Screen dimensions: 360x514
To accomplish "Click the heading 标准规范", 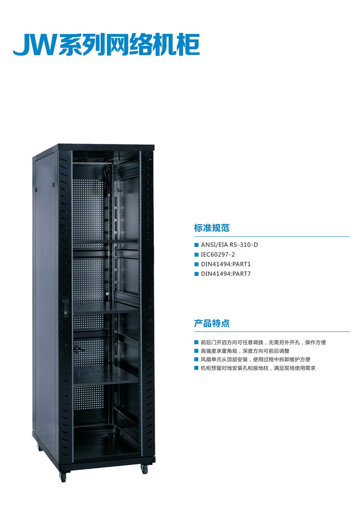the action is pyautogui.click(x=212, y=228).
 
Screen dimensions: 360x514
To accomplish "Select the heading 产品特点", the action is pyautogui.click(x=212, y=323).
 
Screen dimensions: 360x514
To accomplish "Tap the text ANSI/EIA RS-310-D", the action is pyautogui.click(x=229, y=245).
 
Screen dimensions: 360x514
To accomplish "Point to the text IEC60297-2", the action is pyautogui.click(x=218, y=254).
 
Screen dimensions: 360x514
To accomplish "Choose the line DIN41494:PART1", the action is pyautogui.click(x=226, y=264).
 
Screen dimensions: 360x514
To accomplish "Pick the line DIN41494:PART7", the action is pyautogui.click(x=226, y=274).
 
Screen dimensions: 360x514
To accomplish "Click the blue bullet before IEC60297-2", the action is pyautogui.click(x=197, y=255).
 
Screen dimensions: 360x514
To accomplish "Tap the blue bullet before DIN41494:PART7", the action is pyautogui.click(x=197, y=274).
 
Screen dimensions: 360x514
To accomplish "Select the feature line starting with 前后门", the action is pyautogui.click(x=263, y=343).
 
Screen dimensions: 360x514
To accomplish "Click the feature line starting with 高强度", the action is pyautogui.click(x=245, y=351).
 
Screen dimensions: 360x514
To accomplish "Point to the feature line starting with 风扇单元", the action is pyautogui.click(x=255, y=359).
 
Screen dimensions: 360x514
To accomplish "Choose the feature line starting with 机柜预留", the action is pyautogui.click(x=258, y=368).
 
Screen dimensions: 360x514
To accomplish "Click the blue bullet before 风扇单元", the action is pyautogui.click(x=196, y=359).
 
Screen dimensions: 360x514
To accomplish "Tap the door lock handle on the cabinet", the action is pyautogui.click(x=66, y=307).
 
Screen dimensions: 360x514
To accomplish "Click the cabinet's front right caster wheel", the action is pyautogui.click(x=144, y=469).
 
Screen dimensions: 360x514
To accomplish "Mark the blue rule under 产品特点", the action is pyautogui.click(x=272, y=332).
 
